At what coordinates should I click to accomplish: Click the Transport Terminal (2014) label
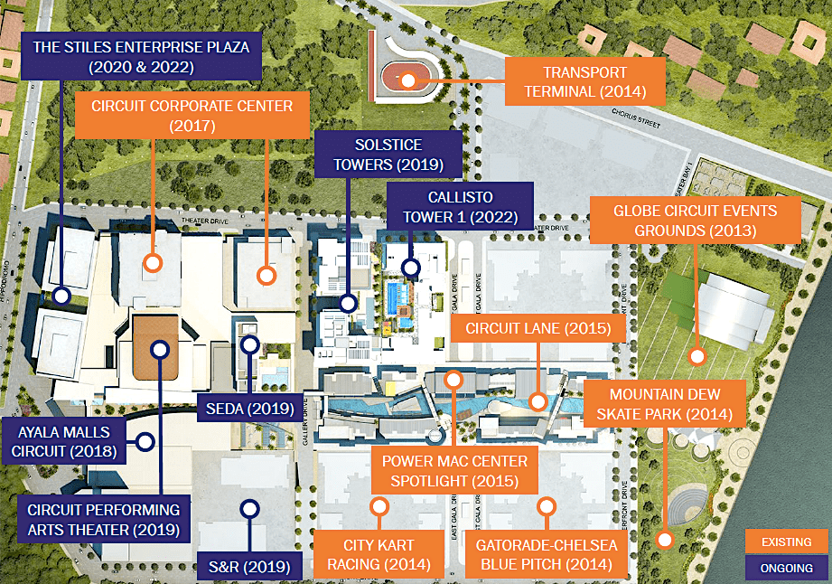(585, 82)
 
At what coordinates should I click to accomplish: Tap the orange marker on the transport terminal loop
(408, 80)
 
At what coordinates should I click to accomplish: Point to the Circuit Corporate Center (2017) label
(192, 116)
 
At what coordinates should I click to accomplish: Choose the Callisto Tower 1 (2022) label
(460, 206)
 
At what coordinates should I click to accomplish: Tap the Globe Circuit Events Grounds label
(695, 220)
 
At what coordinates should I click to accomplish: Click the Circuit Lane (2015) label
(538, 327)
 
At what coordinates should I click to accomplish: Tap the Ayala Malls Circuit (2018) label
(64, 439)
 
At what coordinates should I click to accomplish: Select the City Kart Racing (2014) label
(379, 555)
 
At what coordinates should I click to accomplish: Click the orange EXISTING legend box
(787, 542)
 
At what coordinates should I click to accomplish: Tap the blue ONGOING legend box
(787, 568)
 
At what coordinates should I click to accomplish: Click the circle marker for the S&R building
(249, 509)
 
